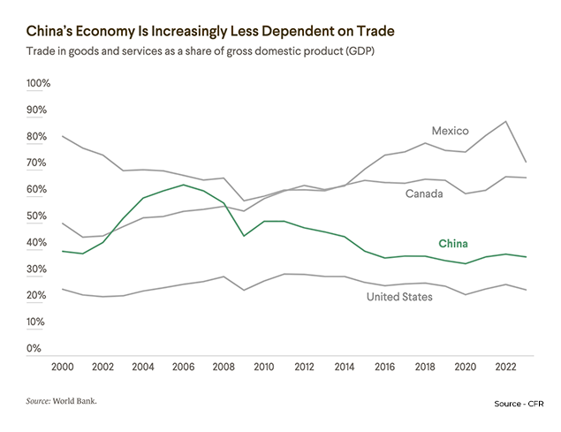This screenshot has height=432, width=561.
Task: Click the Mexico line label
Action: pos(450,131)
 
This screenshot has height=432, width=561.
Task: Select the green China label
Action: pos(453,244)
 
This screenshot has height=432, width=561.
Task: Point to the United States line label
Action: pos(399,297)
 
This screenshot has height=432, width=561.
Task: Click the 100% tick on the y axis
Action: pos(41,83)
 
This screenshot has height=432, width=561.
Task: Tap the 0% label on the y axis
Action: pos(34,348)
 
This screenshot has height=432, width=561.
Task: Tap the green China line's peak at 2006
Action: pos(182,185)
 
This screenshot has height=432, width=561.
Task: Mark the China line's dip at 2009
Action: pos(244,236)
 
